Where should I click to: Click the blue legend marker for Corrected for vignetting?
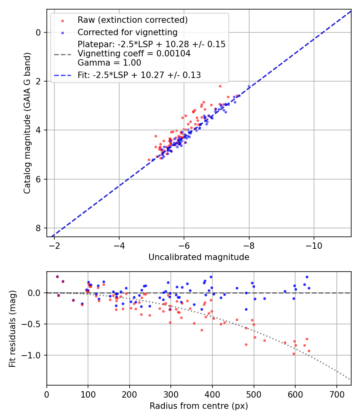(62, 32)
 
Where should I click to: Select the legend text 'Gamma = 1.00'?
(109, 63)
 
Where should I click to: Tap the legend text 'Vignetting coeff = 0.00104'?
(134, 54)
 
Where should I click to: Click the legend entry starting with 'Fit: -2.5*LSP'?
(139, 75)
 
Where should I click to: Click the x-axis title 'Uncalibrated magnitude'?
(199, 257)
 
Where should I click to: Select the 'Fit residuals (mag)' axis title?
(12, 328)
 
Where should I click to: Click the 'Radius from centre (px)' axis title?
(199, 406)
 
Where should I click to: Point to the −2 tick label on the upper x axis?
(54, 244)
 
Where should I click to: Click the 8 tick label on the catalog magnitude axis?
(38, 228)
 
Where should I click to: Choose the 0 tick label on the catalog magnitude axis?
(38, 32)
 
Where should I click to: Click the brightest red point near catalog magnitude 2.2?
(220, 86)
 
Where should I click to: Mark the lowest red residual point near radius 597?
(294, 354)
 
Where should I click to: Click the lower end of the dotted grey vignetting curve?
(350, 379)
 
